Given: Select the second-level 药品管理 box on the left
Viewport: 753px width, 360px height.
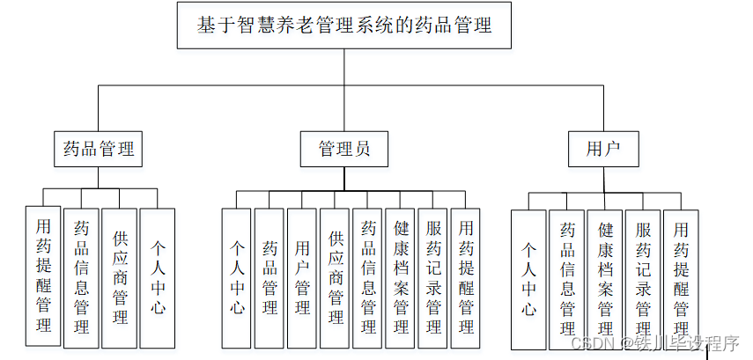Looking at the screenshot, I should (x=98, y=148).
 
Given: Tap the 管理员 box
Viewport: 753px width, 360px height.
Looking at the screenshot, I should (x=343, y=148).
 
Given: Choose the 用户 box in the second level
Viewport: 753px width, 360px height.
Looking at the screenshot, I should (x=602, y=148).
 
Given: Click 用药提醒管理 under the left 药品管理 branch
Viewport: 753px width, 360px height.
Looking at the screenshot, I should (x=43, y=275).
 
